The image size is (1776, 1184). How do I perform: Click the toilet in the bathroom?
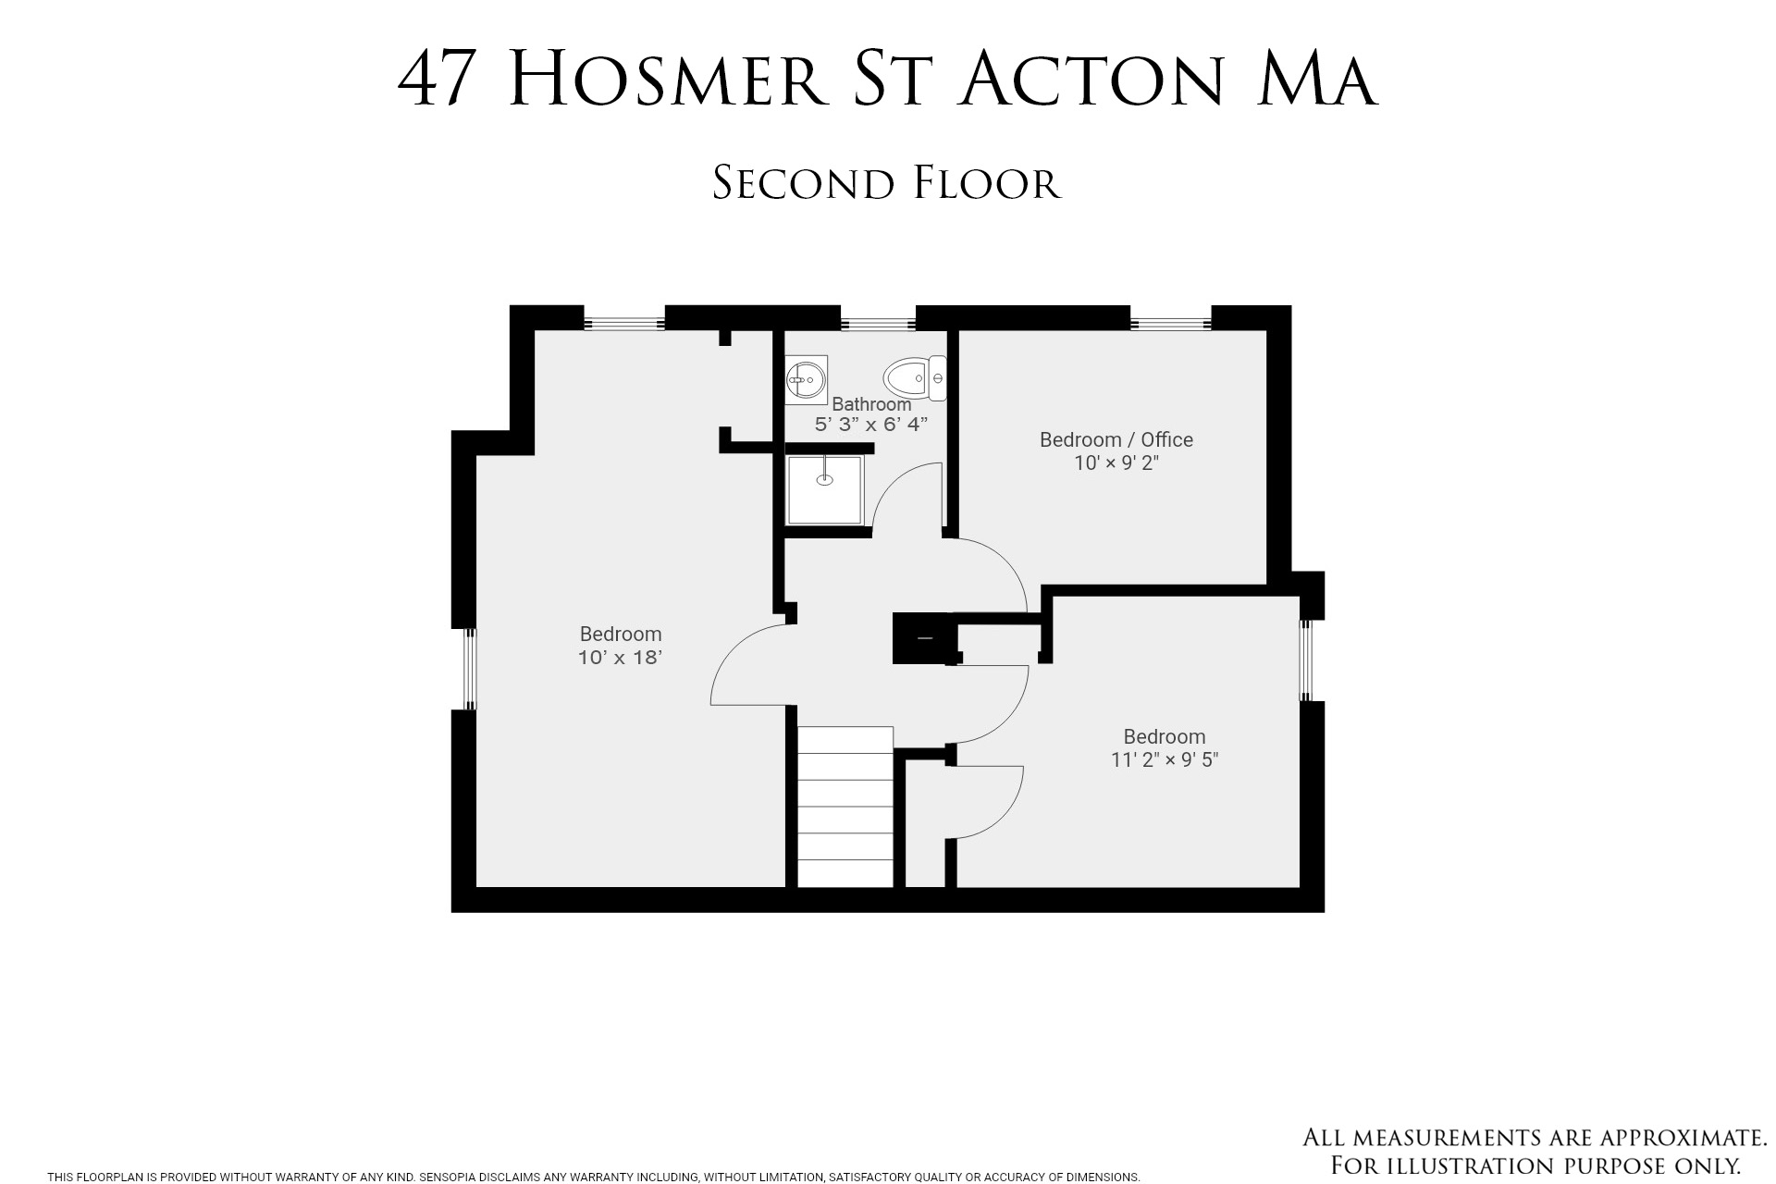(915, 378)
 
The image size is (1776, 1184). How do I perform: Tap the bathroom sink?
(806, 379)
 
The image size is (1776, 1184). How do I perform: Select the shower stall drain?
(824, 479)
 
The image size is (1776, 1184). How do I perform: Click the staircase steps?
(845, 807)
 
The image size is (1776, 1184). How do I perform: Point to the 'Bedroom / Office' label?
(1116, 439)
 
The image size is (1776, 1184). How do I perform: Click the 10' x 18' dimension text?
(620, 658)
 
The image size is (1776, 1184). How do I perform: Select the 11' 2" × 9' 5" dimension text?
(1165, 760)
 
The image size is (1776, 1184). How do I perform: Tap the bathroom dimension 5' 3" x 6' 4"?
(870, 425)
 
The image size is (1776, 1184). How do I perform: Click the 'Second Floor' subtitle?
(886, 183)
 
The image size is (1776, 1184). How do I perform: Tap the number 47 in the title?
(437, 80)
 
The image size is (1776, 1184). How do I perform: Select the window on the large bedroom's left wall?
(470, 669)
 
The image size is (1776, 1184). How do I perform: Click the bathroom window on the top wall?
(877, 324)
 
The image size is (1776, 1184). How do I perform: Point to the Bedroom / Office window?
(1170, 324)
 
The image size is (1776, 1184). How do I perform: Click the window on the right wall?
(1306, 660)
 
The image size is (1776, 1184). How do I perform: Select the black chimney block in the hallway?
(921, 638)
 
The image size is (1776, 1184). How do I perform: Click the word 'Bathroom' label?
(871, 404)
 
